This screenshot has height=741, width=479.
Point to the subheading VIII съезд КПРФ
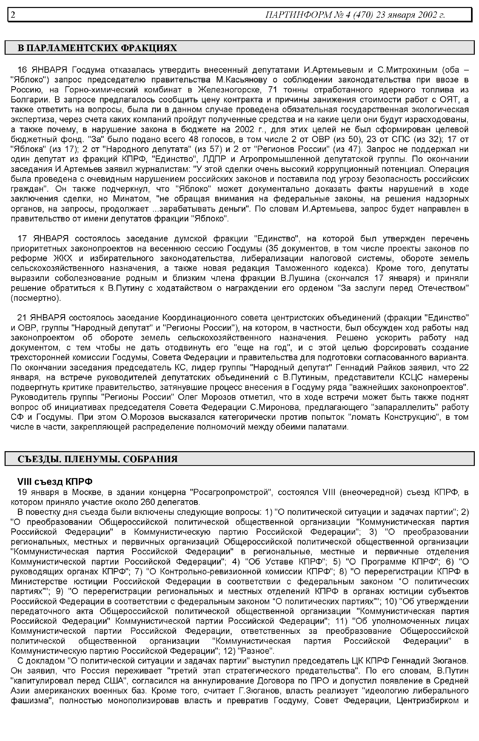pyautogui.click(x=55, y=481)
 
